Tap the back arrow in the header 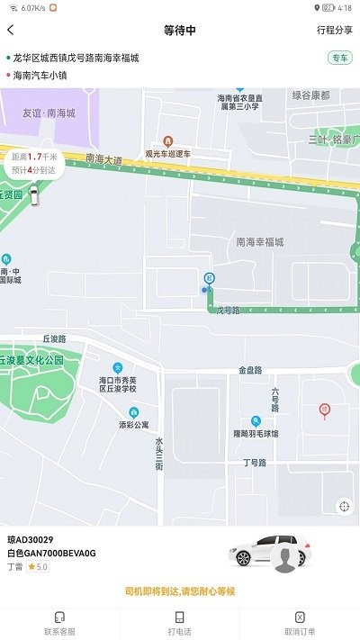click(x=11, y=31)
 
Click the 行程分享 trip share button click(x=334, y=31)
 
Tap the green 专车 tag click(x=340, y=59)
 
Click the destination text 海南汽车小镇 click(x=40, y=76)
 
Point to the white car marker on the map click(x=33, y=195)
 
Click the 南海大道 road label click(x=103, y=159)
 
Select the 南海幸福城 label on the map click(x=259, y=242)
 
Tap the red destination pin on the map click(x=324, y=410)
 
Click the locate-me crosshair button click(x=343, y=506)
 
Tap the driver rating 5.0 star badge click(x=37, y=567)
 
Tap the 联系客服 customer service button click(x=59, y=624)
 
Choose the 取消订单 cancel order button click(x=300, y=624)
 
